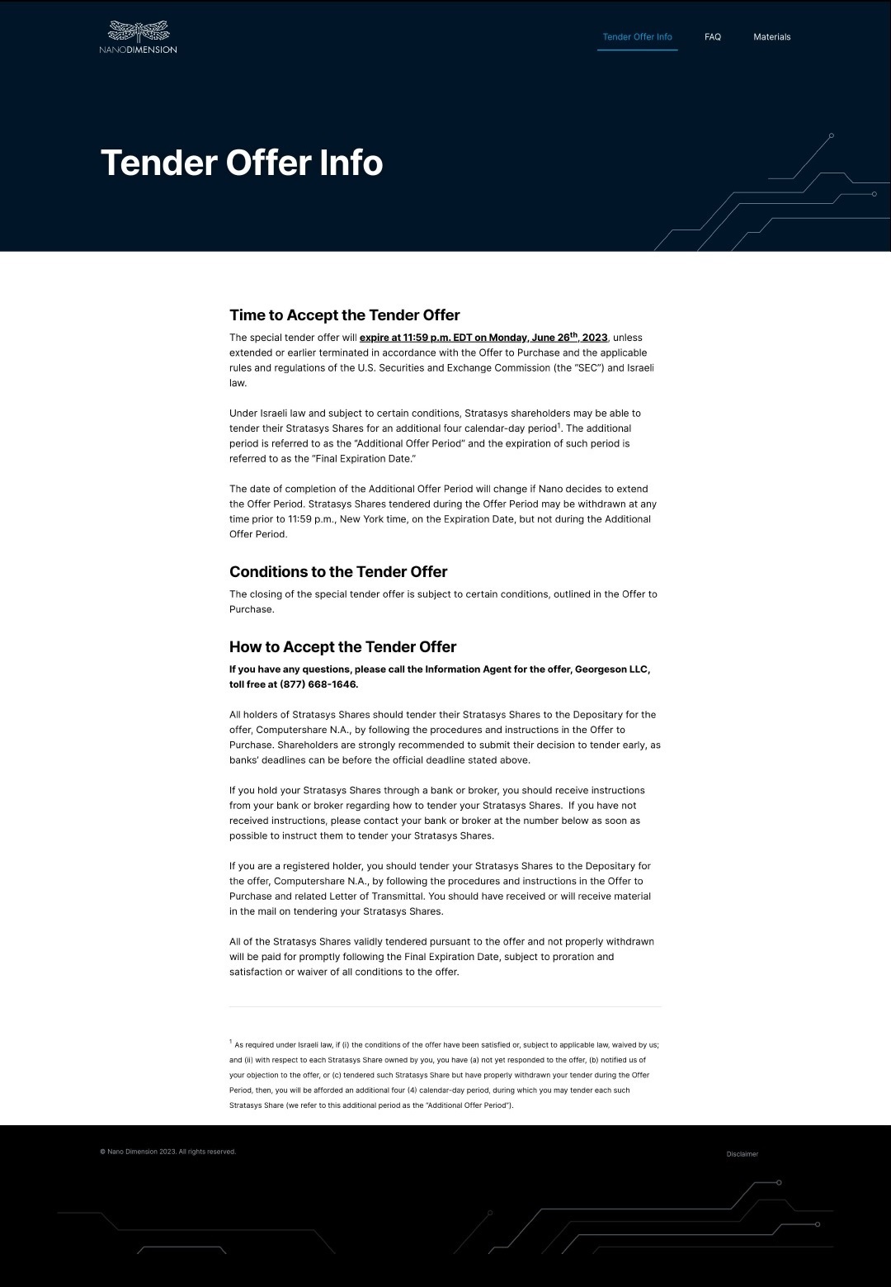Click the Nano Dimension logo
tap(138, 37)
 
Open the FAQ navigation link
tap(713, 37)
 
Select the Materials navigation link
tap(771, 37)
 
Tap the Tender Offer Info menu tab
tap(637, 37)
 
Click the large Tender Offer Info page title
tap(241, 163)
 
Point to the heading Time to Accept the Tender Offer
tap(344, 315)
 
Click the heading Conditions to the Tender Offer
tap(337, 572)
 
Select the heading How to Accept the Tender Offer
tap(342, 647)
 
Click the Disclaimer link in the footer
tap(742, 1154)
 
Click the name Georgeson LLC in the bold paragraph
tap(611, 670)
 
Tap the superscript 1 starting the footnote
tap(231, 1042)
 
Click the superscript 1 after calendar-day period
tap(559, 425)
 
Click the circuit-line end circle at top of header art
tap(831, 135)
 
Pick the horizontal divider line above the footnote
tap(445, 1007)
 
